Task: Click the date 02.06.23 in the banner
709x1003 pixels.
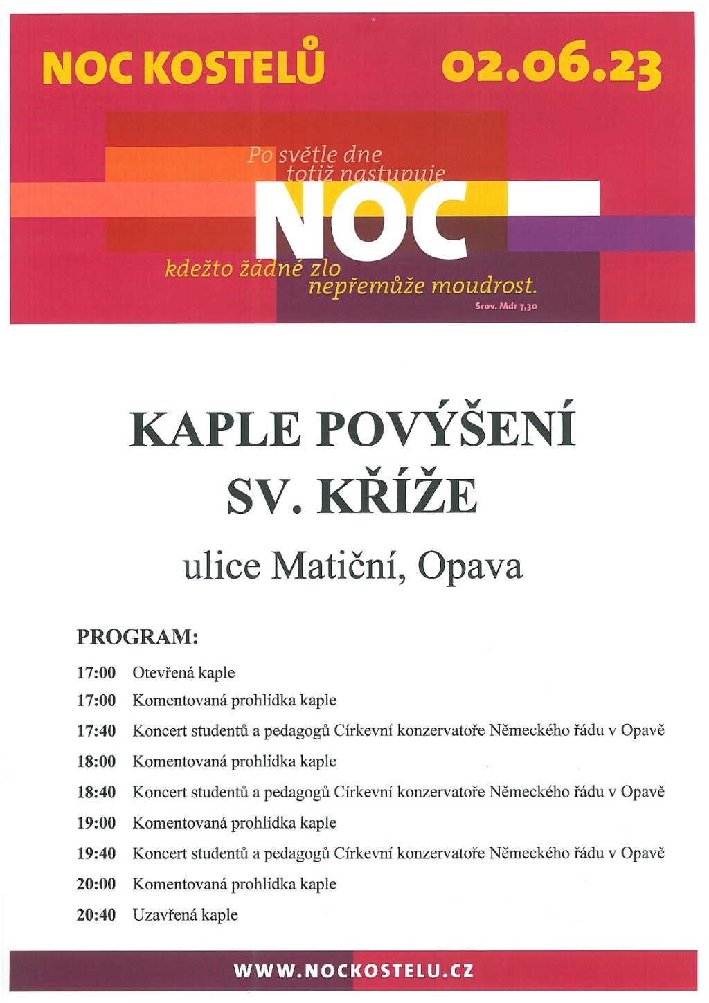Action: point(551,68)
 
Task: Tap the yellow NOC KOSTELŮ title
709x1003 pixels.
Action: point(183,67)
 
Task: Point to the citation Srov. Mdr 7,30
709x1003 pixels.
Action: point(506,306)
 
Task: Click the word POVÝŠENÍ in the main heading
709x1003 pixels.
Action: point(446,429)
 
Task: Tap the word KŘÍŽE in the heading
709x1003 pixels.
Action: point(397,496)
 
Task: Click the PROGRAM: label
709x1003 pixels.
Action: point(137,637)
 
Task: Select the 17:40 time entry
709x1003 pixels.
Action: point(96,731)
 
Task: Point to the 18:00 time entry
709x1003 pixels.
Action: point(96,761)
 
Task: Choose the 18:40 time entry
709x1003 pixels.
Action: point(96,793)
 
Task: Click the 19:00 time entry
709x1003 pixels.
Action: point(96,823)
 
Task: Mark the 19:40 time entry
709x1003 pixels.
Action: point(96,853)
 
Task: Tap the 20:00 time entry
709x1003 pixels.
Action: point(96,884)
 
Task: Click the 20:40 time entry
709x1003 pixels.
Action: point(96,915)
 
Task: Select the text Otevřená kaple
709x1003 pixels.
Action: point(183,673)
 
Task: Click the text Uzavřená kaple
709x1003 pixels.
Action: point(185,915)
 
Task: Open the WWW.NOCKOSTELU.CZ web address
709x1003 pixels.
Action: point(354,971)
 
